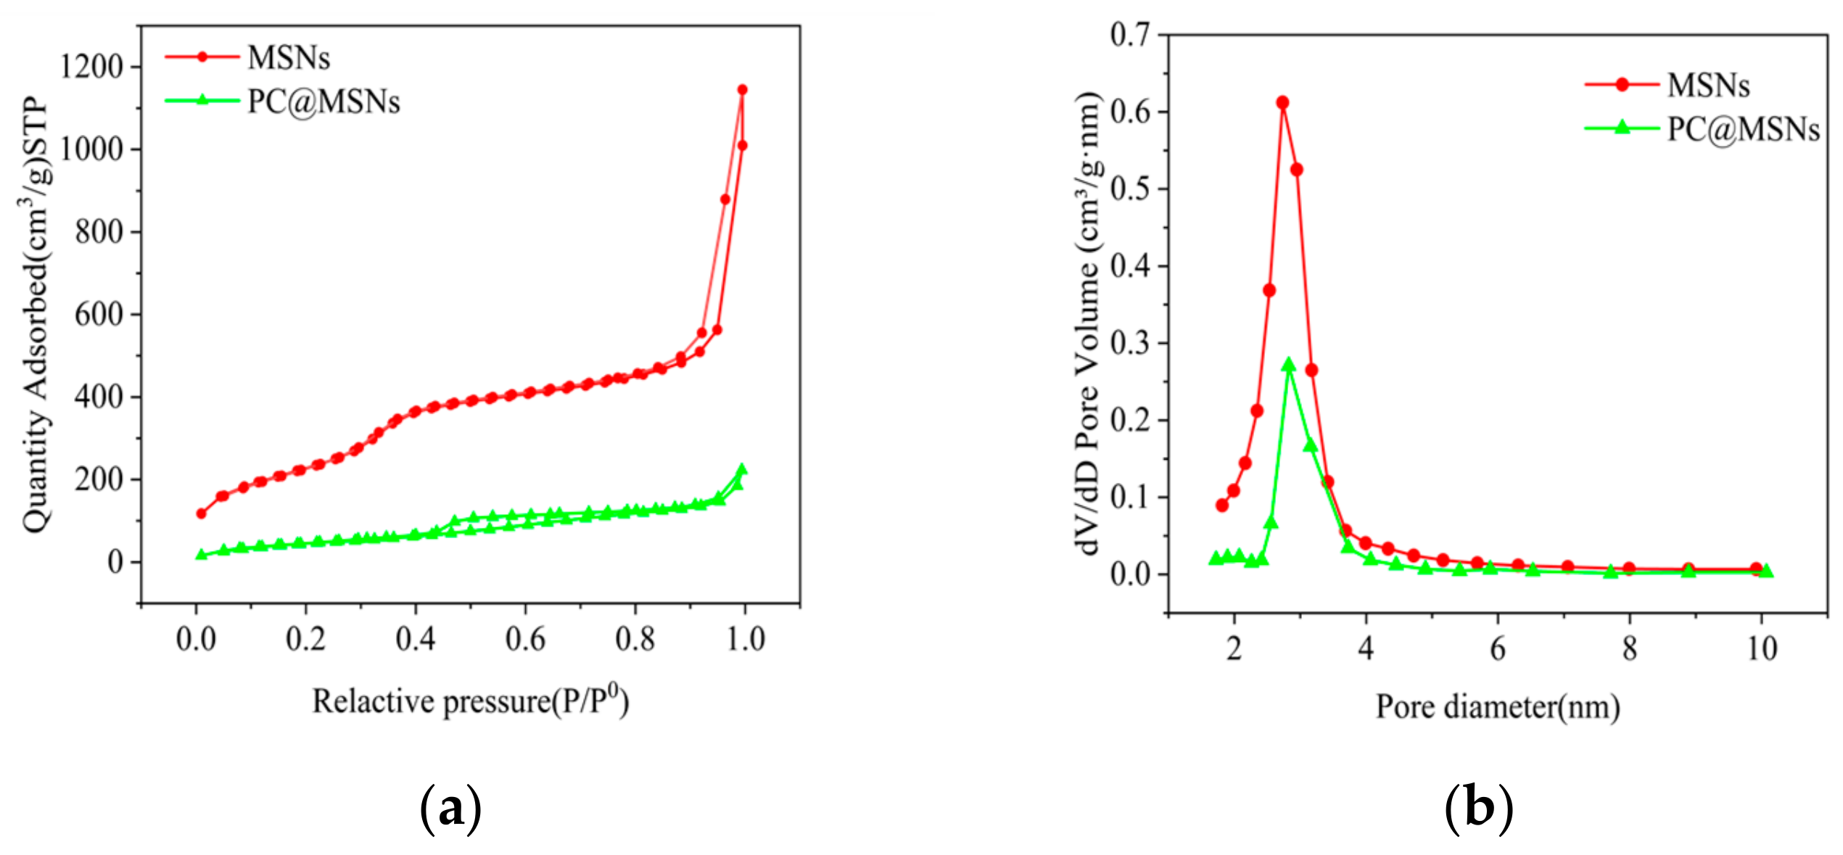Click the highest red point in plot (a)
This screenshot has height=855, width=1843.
point(742,90)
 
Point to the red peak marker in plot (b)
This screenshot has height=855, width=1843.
point(1282,102)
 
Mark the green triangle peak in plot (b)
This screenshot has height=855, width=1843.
point(1289,364)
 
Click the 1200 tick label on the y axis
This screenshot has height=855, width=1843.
point(92,67)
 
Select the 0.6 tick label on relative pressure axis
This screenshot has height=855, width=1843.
point(525,640)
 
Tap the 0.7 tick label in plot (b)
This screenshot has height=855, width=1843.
point(1130,34)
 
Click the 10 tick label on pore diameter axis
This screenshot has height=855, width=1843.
point(1762,648)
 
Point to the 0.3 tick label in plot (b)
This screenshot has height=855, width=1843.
point(1130,342)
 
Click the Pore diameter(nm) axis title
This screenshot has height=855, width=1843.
point(1498,706)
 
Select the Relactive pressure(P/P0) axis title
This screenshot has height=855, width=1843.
point(470,701)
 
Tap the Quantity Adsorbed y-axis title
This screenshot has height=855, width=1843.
point(35,315)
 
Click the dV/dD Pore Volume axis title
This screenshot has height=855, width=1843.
point(1088,323)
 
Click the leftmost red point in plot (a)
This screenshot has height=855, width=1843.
point(202,513)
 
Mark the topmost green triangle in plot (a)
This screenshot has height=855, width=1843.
point(741,470)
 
